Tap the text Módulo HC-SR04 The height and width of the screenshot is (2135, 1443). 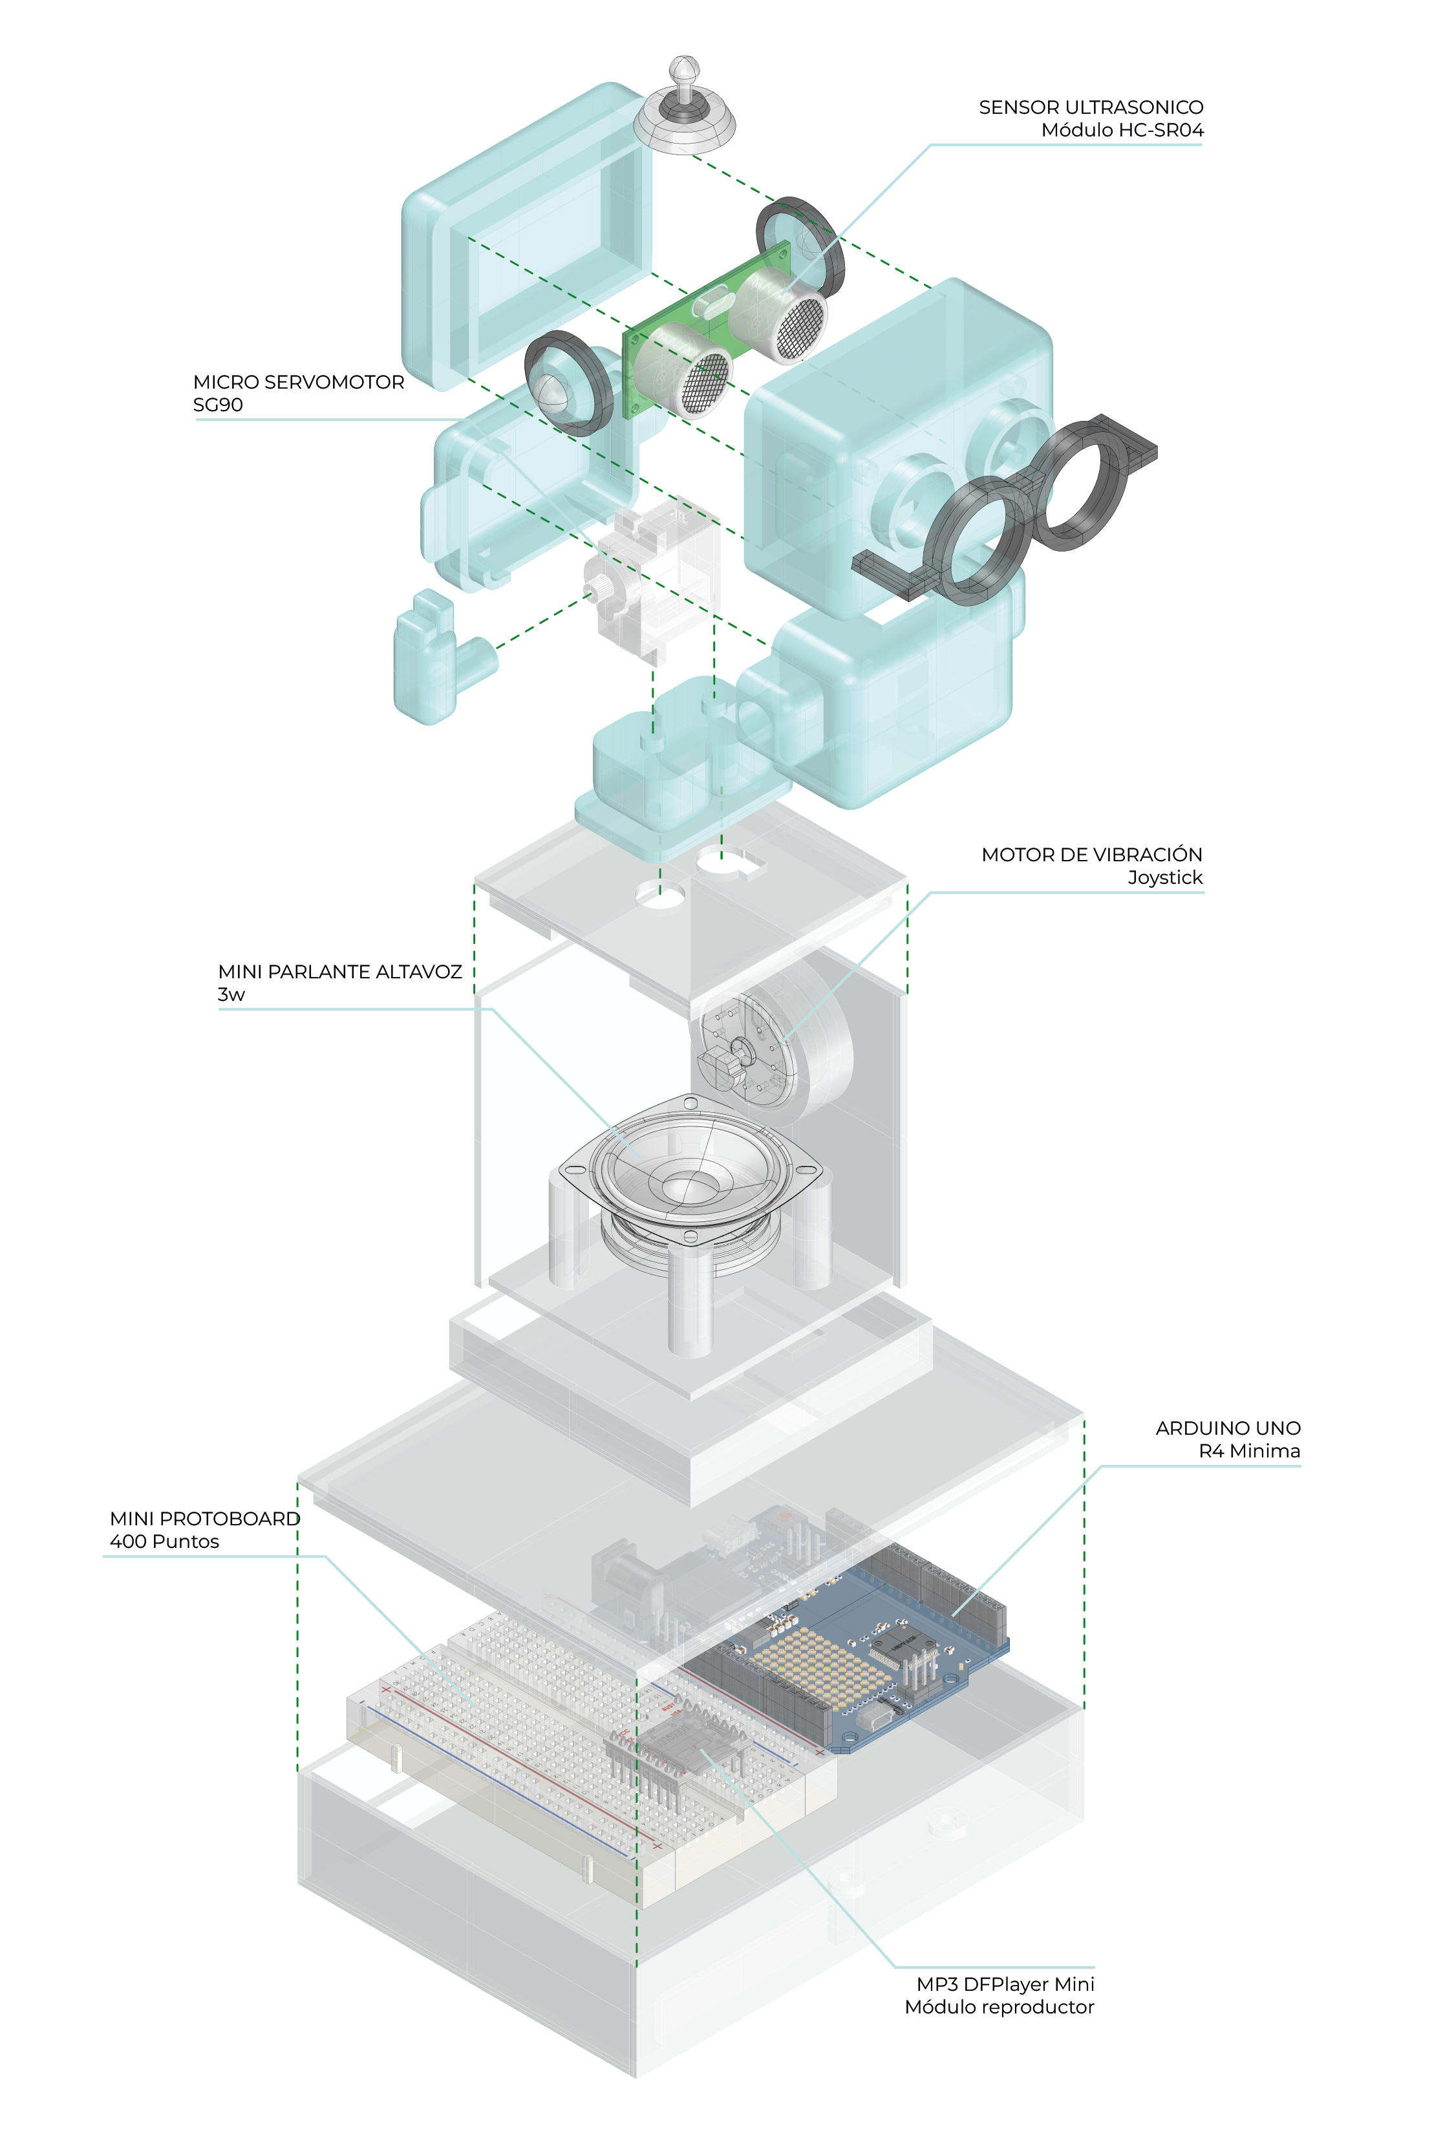(x=1122, y=131)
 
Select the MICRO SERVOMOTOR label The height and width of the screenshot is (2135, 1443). (x=299, y=382)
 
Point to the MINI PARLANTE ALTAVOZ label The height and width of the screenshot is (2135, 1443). (x=340, y=971)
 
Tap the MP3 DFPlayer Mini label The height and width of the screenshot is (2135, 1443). (x=1005, y=1984)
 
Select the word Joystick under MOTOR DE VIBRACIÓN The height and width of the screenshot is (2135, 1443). (x=1165, y=877)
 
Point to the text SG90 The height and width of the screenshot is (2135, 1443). (x=218, y=405)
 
